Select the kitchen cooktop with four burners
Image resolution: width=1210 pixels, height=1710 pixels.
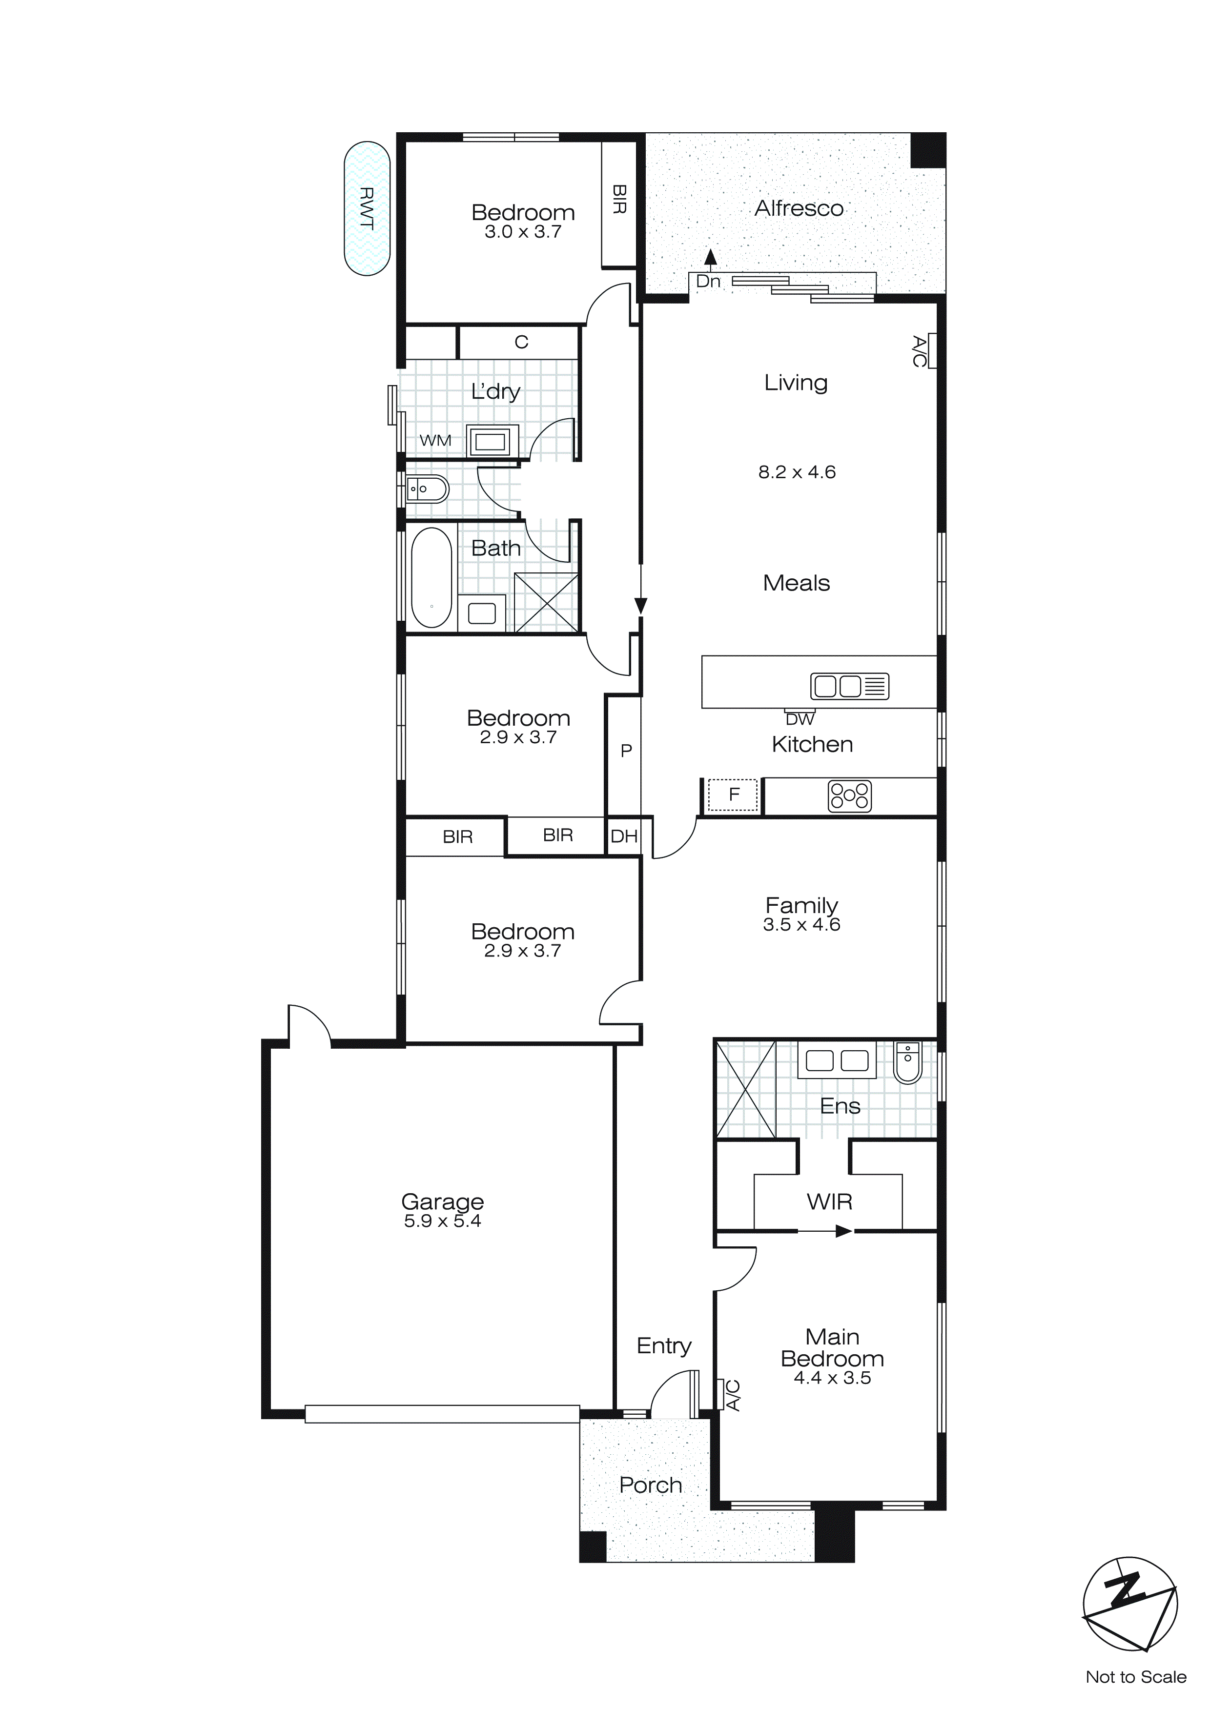click(x=849, y=796)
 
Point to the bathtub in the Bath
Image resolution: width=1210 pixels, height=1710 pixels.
click(x=431, y=578)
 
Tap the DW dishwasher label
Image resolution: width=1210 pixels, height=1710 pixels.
click(x=800, y=719)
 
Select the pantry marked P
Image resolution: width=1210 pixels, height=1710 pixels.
click(x=626, y=751)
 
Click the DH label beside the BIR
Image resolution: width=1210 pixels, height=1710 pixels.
click(x=624, y=836)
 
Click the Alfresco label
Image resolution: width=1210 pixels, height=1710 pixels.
click(x=799, y=208)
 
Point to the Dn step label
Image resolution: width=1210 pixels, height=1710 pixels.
click(x=709, y=282)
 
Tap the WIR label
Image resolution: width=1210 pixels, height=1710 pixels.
click(x=829, y=1201)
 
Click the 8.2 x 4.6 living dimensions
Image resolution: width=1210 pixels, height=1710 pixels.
click(x=797, y=472)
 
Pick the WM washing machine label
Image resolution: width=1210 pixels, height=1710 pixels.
click(x=435, y=441)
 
